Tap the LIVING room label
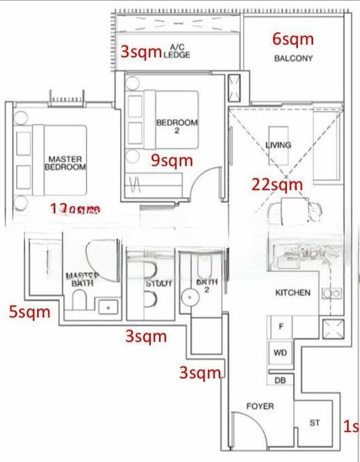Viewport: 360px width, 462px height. click(277, 146)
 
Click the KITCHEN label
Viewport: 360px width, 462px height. click(293, 293)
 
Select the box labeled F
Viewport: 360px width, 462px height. click(282, 327)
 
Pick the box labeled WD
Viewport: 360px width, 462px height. click(281, 353)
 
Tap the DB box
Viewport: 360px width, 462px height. click(280, 380)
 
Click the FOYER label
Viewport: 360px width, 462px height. click(259, 406)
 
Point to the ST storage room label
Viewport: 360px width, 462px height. click(315, 422)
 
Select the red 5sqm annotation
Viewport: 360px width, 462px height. click(29, 312)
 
